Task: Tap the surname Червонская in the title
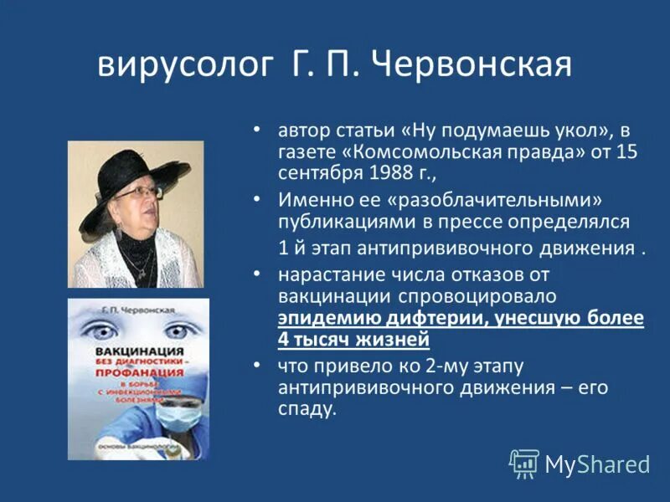(x=474, y=64)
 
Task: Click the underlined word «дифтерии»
(x=394, y=318)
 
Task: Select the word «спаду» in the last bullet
(x=307, y=410)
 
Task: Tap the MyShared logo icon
(x=524, y=463)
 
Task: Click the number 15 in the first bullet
(x=627, y=152)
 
